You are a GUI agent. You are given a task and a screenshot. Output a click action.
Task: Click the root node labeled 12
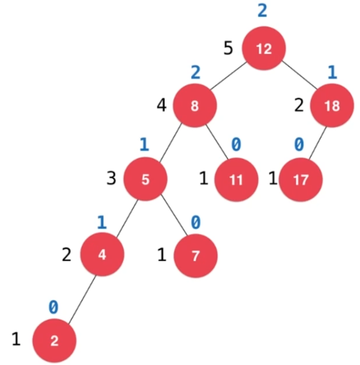point(264,49)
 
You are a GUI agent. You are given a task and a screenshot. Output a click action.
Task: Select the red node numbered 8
point(194,106)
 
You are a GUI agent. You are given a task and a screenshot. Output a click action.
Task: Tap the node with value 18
point(332,106)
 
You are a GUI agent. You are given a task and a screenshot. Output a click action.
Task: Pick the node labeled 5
point(146,179)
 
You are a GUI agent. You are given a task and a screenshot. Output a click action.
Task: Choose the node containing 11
point(236,179)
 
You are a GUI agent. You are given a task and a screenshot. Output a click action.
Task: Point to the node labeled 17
point(300,179)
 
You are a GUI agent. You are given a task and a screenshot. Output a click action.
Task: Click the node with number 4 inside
point(102,255)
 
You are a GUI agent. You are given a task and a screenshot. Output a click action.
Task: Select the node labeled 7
point(195,255)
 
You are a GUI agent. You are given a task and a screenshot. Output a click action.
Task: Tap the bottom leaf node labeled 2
point(54,340)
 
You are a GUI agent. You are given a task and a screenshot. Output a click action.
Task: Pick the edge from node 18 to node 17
point(317,143)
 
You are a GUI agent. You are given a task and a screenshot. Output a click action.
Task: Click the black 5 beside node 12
point(228,48)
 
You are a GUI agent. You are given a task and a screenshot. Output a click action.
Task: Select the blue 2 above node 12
point(263,10)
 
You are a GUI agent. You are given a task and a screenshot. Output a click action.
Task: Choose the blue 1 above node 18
point(332,71)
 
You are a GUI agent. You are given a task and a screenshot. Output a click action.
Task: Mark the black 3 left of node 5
point(111,178)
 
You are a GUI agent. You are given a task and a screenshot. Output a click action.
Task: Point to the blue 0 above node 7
point(196,222)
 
